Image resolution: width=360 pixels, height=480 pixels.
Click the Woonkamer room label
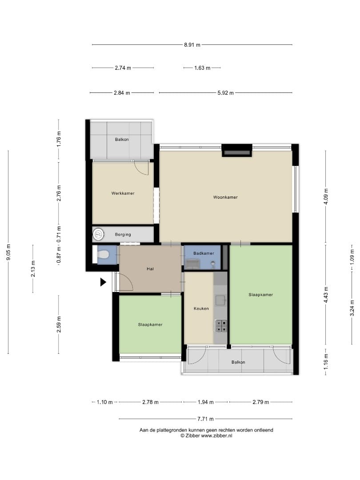pyautogui.click(x=225, y=197)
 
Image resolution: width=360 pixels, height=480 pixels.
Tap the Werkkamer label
pyautogui.click(x=123, y=193)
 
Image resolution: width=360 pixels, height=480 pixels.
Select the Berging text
pyautogui.click(x=123, y=235)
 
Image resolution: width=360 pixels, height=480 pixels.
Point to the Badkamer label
pyautogui.click(x=204, y=253)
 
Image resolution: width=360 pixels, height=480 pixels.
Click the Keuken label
pyautogui.click(x=201, y=308)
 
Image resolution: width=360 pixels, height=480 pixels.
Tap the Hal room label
pyautogui.click(x=150, y=269)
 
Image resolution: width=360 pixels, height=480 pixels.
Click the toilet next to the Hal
pyautogui.click(x=103, y=254)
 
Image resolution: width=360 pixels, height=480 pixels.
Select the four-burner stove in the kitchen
pyautogui.click(x=221, y=326)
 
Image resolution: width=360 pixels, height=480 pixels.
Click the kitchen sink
pyautogui.click(x=221, y=300)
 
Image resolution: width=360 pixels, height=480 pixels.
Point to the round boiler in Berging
pyautogui.click(x=99, y=235)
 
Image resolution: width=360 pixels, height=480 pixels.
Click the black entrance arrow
pyautogui.click(x=103, y=282)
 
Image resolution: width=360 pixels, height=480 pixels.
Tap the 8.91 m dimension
pyautogui.click(x=192, y=45)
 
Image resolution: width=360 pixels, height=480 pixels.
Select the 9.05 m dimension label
pyautogui.click(x=8, y=252)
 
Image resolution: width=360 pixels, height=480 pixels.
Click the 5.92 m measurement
pyautogui.click(x=225, y=93)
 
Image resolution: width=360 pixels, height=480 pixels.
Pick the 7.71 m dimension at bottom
pyautogui.click(x=205, y=419)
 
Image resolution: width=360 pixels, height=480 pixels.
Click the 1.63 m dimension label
pyautogui.click(x=202, y=68)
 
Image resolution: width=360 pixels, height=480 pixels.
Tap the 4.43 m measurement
pyautogui.click(x=326, y=295)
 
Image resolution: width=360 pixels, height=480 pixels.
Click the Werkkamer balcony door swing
pyautogui.click(x=142, y=168)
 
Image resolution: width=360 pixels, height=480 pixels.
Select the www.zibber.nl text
pyautogui.click(x=216, y=436)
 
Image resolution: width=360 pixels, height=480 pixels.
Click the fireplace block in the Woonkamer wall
pyautogui.click(x=236, y=150)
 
